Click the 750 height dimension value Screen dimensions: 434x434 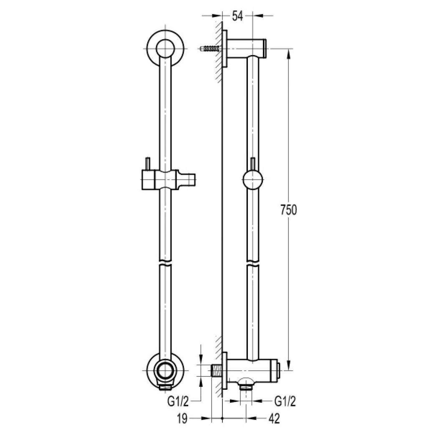click(x=288, y=210)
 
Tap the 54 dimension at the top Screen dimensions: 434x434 click(x=237, y=16)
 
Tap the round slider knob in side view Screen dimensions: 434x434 click(x=252, y=181)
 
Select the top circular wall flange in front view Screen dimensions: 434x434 click(x=166, y=48)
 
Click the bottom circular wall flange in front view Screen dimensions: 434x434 click(x=166, y=371)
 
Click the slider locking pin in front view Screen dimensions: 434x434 click(x=147, y=163)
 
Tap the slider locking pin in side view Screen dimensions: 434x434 click(x=252, y=164)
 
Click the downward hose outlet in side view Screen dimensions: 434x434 click(x=247, y=386)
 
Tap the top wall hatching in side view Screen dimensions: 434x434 click(x=218, y=50)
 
